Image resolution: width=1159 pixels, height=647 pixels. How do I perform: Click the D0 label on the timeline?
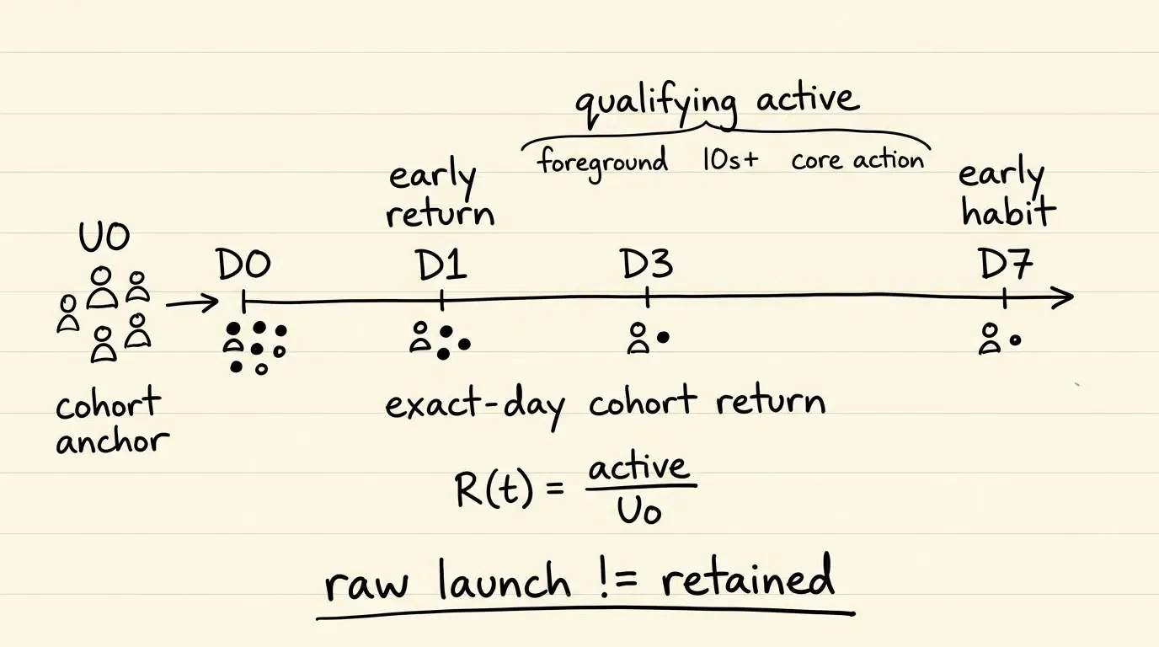coord(243,265)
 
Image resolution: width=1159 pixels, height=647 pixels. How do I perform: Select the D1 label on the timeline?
coord(441,265)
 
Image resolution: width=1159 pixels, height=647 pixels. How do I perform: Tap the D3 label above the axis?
coord(646,264)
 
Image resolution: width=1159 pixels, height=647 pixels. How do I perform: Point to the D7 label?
coord(1006,264)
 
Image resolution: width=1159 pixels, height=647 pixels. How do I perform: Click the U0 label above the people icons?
coord(104,238)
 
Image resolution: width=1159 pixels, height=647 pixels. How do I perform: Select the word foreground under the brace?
coord(602,163)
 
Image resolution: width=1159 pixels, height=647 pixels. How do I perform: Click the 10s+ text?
coord(730,160)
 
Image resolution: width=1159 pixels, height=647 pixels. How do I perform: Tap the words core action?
coord(857,160)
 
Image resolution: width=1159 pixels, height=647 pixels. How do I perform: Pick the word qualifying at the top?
coord(657,107)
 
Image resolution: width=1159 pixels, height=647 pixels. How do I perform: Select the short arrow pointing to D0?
coord(192,302)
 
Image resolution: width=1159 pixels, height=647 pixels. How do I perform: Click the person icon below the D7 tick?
coord(990,339)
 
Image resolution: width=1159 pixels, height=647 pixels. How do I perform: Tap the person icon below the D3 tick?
coord(638,338)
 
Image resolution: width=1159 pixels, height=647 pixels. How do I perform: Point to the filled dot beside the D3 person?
coord(663,338)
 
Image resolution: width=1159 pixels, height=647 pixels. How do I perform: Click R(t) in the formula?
coord(493,489)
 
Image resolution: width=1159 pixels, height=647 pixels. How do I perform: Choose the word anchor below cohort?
coord(113,442)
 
